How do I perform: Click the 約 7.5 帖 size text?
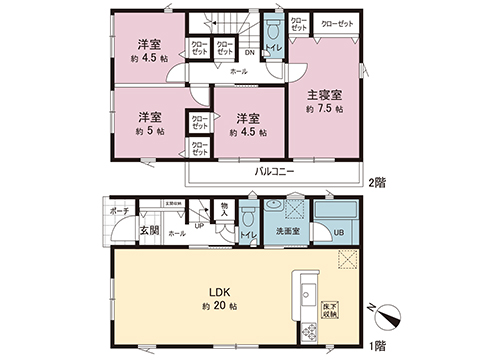coord(325,108)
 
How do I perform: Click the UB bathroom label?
coord(338,232)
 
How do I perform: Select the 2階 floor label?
coord(377,183)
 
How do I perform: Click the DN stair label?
coord(250,52)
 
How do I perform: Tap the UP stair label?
coord(200,225)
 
